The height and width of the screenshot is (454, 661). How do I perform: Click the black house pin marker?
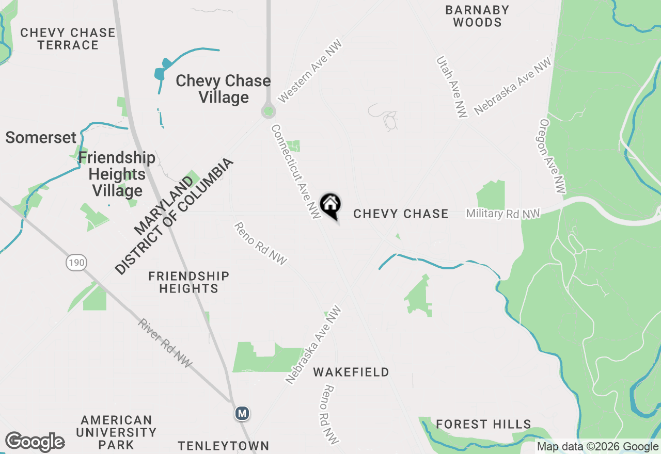pyautogui.click(x=330, y=205)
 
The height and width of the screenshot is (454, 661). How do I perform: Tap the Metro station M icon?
pyautogui.click(x=242, y=413)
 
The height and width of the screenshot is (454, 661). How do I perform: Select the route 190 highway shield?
pyautogui.click(x=76, y=263)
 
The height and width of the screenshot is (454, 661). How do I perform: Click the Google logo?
pyautogui.click(x=35, y=442)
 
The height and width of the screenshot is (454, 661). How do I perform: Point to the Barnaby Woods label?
pyautogui.click(x=477, y=16)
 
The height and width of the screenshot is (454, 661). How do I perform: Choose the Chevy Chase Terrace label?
pyautogui.click(x=68, y=39)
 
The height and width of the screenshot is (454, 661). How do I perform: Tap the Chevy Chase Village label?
pyautogui.click(x=223, y=89)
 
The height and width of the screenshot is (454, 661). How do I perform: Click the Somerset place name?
pyautogui.click(x=41, y=138)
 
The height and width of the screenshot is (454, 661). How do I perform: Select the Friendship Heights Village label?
pyautogui.click(x=117, y=174)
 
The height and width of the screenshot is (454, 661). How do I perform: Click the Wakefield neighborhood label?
pyautogui.click(x=351, y=372)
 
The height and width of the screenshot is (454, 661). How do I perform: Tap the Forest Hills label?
pyautogui.click(x=483, y=424)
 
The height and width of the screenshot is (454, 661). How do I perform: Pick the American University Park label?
pyautogui.click(x=116, y=432)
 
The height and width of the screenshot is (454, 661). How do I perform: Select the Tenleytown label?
pyautogui.click(x=224, y=446)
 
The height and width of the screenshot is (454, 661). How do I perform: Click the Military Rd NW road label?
pyautogui.click(x=502, y=213)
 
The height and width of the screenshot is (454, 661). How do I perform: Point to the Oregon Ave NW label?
pyautogui.click(x=552, y=156)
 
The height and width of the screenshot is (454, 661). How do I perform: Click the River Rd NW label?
pyautogui.click(x=165, y=343)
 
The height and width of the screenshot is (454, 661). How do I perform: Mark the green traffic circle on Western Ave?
pyautogui.click(x=268, y=111)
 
